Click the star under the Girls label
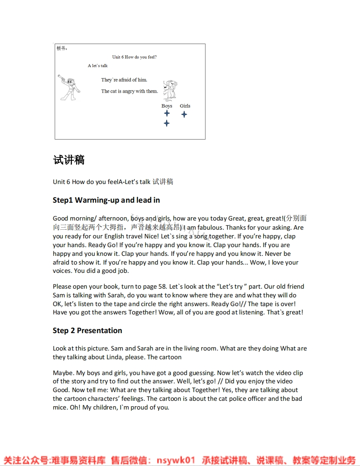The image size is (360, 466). pos(184,114)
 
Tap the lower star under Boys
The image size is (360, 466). pos(167,123)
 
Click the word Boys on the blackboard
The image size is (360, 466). pos(167,106)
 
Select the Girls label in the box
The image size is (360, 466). pos(185,106)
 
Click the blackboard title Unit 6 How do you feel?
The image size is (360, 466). pos(134,57)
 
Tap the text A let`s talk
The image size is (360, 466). pos(98,66)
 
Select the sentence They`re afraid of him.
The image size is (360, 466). pos(124,80)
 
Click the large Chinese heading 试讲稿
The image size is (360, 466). pos(69,160)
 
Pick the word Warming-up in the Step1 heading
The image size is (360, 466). pos(97,200)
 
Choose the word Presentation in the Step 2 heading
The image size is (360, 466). pos(99,331)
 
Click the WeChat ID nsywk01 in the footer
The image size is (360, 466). pos(175,460)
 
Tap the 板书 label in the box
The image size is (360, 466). pos(62,49)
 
